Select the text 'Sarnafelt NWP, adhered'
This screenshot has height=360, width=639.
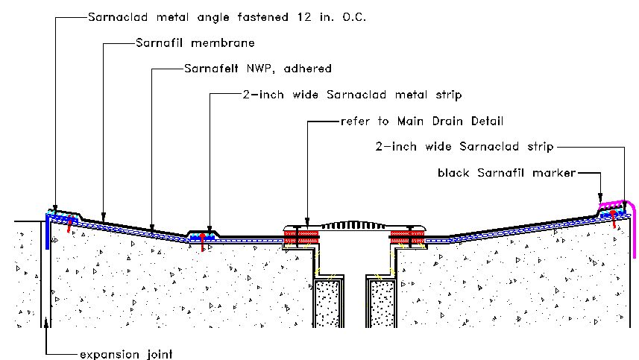(257, 69)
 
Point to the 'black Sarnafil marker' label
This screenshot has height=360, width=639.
(507, 173)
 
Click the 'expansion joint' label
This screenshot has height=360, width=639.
(126, 353)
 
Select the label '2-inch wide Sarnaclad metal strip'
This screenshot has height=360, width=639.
(353, 95)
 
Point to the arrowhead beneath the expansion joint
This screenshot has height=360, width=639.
(48, 322)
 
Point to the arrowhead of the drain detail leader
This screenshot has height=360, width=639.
(306, 222)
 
